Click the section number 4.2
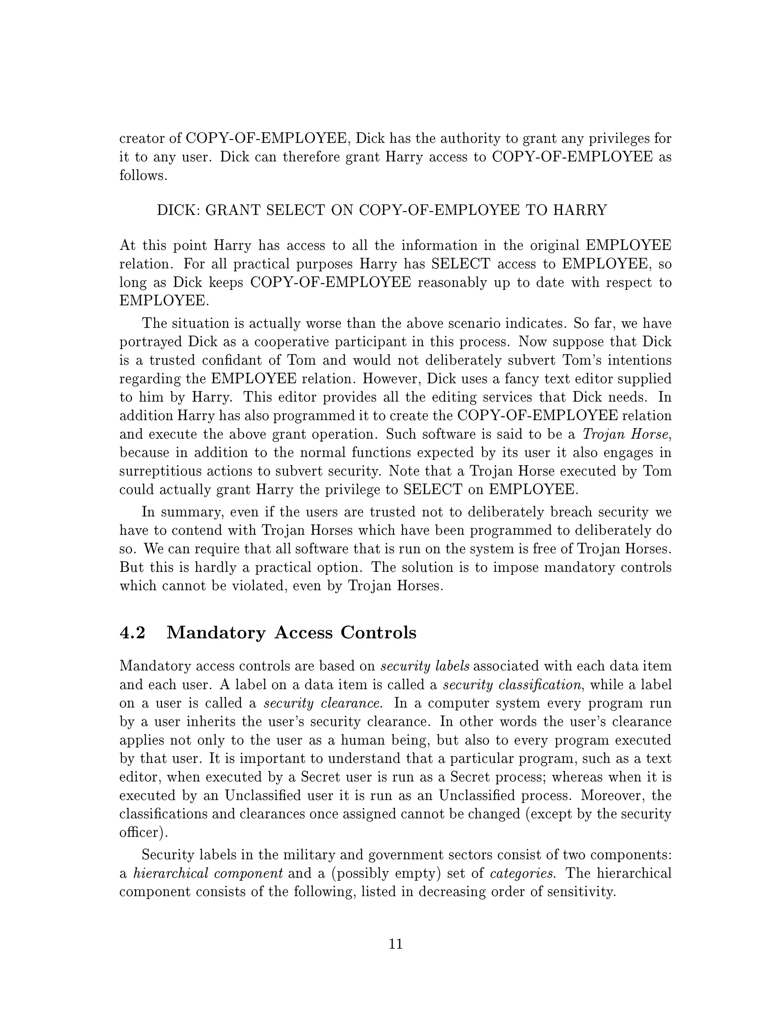coord(133,633)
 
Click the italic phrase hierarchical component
coord(208,873)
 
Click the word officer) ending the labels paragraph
coord(143,832)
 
